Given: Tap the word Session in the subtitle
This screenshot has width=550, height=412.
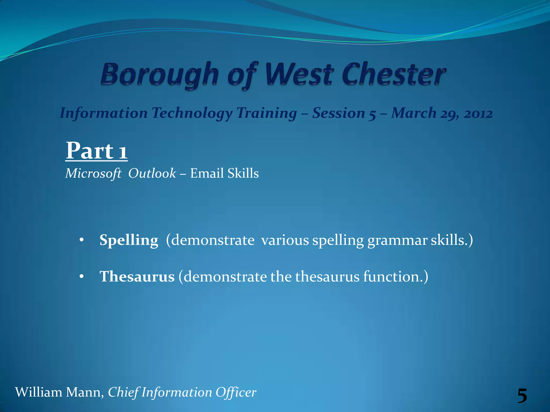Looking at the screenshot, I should point(339,113).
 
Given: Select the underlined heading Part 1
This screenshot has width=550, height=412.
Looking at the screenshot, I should point(96,151).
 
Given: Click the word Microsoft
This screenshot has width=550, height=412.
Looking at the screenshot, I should point(93,174).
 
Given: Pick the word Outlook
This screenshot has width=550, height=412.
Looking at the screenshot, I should point(152,173).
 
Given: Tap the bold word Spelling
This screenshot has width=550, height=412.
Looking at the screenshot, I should point(129,240).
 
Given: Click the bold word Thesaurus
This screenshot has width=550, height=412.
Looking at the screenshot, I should point(137,277).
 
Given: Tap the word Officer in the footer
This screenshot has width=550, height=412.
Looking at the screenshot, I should point(236,392).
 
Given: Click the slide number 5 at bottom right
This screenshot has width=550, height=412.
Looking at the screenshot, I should point(522,396).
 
